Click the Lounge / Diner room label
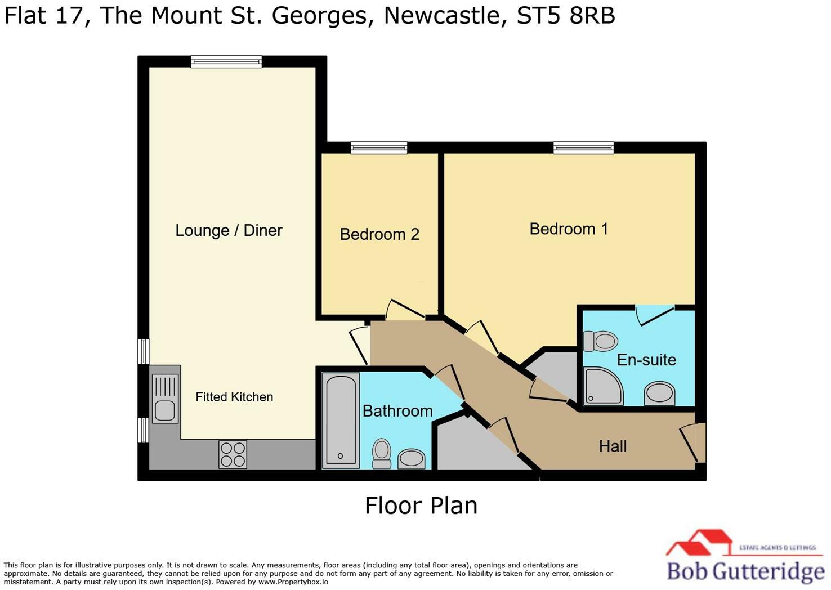[x=229, y=230]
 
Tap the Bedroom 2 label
[x=379, y=234]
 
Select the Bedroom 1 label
[x=569, y=229]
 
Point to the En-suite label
[x=646, y=360]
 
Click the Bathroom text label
[x=397, y=411]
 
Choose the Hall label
[x=613, y=446]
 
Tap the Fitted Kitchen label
[x=234, y=397]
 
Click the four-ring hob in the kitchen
[x=233, y=454]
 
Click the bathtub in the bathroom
[x=341, y=420]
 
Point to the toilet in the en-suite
[x=601, y=341]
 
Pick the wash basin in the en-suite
[x=659, y=393]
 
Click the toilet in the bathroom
[x=382, y=453]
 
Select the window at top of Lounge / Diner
[x=226, y=61]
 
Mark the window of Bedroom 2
[x=379, y=147]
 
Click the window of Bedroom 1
[x=583, y=147]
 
